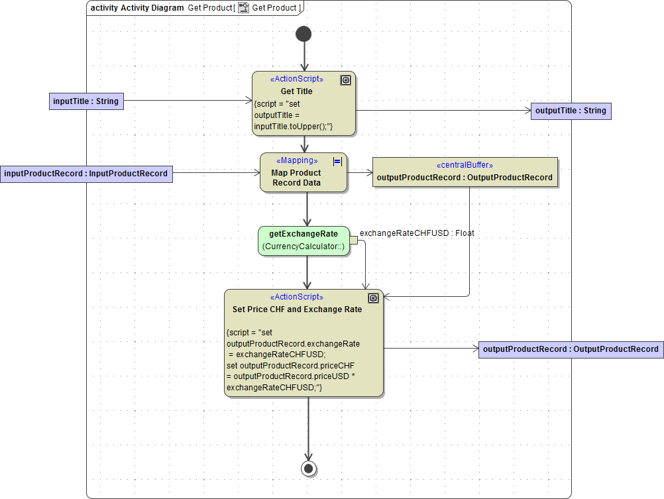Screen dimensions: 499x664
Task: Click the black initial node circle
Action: (x=304, y=33)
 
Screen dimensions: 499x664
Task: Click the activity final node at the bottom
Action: (x=308, y=468)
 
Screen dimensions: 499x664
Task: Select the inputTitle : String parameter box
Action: (x=86, y=101)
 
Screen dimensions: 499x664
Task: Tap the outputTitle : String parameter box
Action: (x=571, y=111)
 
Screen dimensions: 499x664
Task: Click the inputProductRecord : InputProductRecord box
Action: (x=86, y=174)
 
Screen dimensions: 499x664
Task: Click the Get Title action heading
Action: (x=296, y=91)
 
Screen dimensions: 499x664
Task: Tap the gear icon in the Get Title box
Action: (x=345, y=80)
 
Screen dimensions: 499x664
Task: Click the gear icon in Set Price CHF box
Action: (x=373, y=298)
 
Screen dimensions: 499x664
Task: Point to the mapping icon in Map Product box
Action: (x=337, y=161)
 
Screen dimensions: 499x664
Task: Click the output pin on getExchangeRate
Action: (x=353, y=241)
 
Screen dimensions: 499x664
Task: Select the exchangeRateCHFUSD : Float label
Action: (x=417, y=233)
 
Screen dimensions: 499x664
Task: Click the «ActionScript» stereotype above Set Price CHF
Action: (x=297, y=298)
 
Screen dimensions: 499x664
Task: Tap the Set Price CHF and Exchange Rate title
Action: (x=297, y=309)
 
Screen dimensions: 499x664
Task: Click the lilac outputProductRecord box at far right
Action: (x=571, y=349)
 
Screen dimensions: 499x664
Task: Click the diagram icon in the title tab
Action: (x=244, y=8)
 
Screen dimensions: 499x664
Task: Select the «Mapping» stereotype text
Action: (x=297, y=161)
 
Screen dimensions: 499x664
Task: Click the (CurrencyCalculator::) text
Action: (x=304, y=247)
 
